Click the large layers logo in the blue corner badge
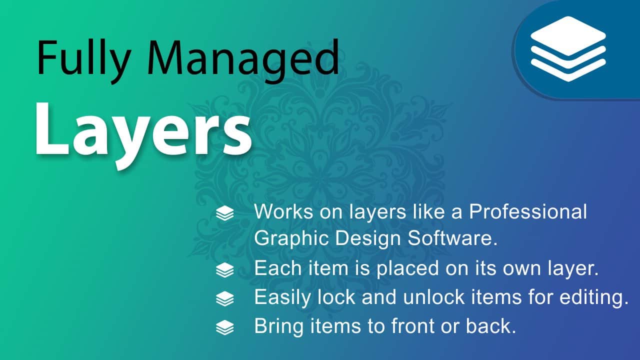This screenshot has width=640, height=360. click(x=568, y=49)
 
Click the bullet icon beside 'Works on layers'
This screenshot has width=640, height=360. click(x=225, y=213)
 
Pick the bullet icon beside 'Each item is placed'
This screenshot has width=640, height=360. click(x=225, y=270)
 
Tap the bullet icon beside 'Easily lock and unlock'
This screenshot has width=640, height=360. click(x=225, y=298)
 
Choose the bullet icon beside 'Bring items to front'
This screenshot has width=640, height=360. click(x=225, y=327)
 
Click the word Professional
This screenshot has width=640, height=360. click(x=528, y=211)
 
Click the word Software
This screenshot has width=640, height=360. click(x=452, y=237)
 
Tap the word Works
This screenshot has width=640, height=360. click(x=283, y=211)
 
